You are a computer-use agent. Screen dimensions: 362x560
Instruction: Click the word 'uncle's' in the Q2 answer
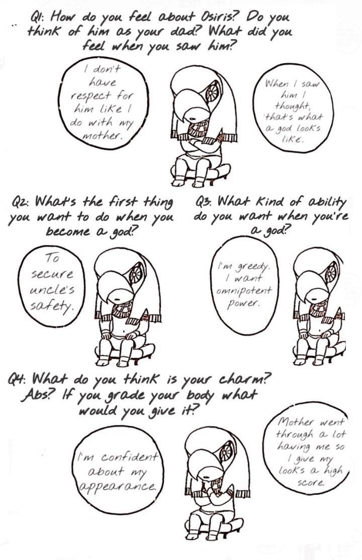52,289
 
